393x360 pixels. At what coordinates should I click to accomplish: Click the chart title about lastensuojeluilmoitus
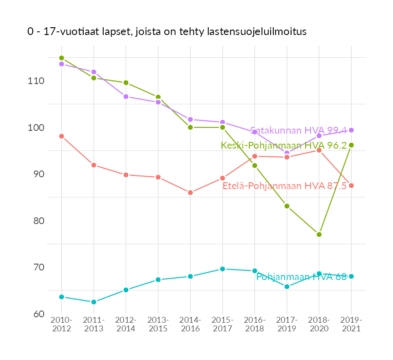tap(167, 32)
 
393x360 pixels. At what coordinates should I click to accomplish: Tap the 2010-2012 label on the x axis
tap(62, 325)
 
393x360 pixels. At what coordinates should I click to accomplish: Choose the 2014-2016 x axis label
tap(190, 325)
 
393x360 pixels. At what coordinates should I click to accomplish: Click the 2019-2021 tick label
tap(351, 325)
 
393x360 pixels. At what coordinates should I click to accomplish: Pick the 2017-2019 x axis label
tap(287, 325)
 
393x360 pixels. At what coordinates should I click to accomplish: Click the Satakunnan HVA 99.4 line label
tap(298, 130)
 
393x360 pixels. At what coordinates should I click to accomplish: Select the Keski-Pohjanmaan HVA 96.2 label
tap(284, 145)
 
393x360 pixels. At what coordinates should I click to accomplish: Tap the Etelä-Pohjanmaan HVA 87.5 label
tap(285, 186)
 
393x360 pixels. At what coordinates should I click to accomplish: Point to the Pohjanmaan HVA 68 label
tap(302, 276)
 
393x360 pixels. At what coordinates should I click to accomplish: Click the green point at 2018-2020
tap(319, 235)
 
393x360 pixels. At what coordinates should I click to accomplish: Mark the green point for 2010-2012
tap(61, 58)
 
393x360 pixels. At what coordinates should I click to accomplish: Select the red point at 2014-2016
tap(190, 193)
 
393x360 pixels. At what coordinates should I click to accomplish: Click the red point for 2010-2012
tap(61, 136)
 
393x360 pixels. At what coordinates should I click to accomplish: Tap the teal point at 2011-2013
tap(94, 302)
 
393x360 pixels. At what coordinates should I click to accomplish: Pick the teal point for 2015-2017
tap(222, 269)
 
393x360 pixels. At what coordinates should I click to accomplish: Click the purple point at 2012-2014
tap(126, 96)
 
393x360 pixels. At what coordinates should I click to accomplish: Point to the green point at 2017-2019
tap(287, 206)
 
